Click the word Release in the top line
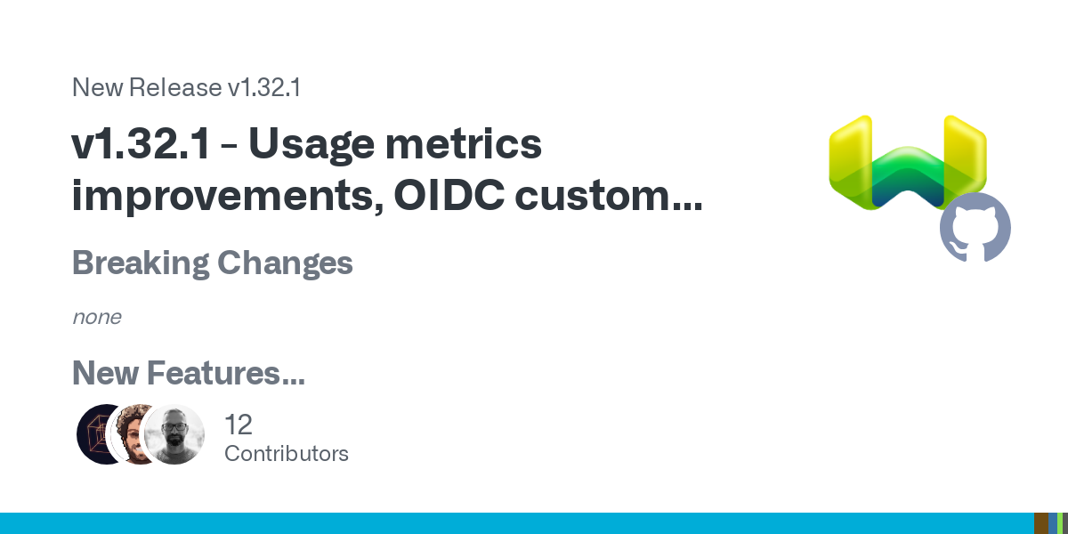[x=175, y=87]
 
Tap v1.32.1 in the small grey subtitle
[x=264, y=87]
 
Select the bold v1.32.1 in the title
[x=141, y=143]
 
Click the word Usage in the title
[x=311, y=146]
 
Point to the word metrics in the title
[x=463, y=143]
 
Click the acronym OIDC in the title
[x=449, y=195]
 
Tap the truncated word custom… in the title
[x=609, y=196]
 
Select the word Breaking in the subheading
[x=141, y=263]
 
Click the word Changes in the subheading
[x=285, y=263]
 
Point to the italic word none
[x=97, y=317]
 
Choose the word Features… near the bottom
[x=226, y=372]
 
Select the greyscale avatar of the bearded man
[x=174, y=434]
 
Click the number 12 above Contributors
[x=239, y=425]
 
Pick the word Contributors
[x=287, y=454]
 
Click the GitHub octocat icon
[x=975, y=227]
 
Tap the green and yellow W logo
[x=908, y=163]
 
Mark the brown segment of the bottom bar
[x=1040, y=523]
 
